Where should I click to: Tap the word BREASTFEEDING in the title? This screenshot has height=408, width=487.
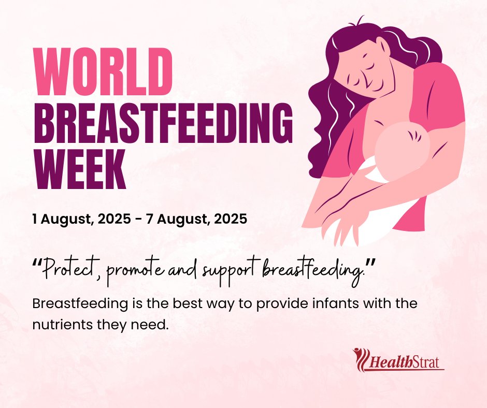163,122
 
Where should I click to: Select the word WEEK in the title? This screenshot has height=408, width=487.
79,170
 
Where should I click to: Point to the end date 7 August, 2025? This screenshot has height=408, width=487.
197,218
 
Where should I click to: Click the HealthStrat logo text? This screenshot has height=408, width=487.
406,361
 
